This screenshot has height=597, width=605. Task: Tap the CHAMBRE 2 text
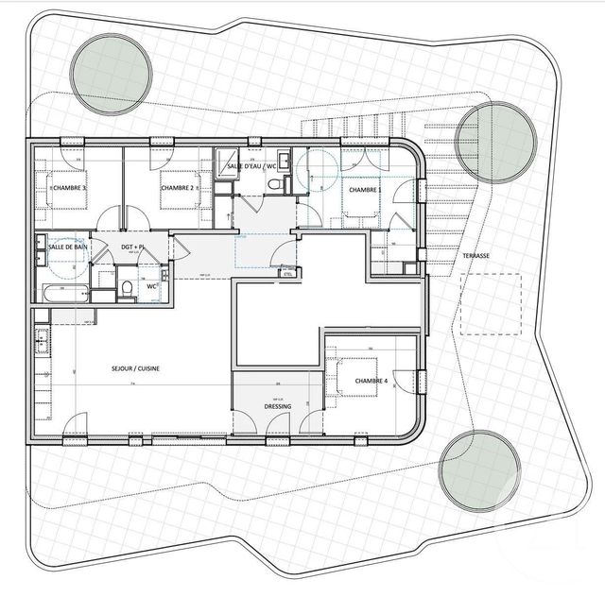tap(177, 188)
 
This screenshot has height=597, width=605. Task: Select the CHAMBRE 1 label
tap(365, 190)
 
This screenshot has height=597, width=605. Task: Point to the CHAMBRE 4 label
tap(371, 381)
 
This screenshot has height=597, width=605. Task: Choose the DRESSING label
tap(278, 406)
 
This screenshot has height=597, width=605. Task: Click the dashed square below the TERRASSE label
tap(491, 304)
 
